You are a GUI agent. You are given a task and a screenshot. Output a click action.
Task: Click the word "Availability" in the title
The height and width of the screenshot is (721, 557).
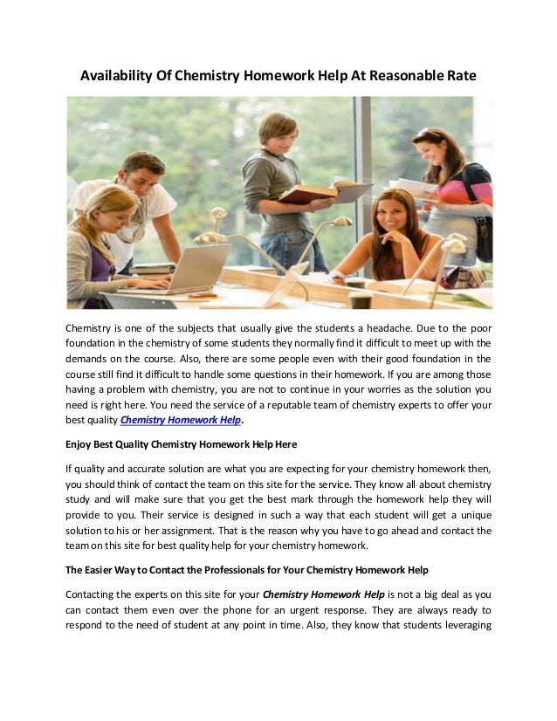(x=116, y=76)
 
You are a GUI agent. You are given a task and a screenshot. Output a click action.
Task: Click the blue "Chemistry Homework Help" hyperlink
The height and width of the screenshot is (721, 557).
(x=180, y=420)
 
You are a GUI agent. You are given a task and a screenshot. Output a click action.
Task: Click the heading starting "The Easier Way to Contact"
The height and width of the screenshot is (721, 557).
(x=247, y=570)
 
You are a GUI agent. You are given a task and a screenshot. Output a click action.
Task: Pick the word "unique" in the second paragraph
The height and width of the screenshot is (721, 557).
(x=474, y=515)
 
